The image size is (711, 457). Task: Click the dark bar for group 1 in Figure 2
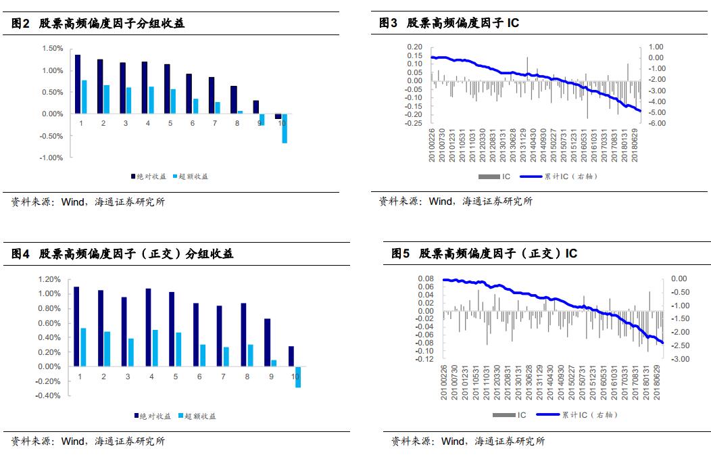click(x=78, y=84)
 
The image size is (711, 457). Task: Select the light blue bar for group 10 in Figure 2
click(x=285, y=128)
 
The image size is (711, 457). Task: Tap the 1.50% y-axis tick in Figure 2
click(x=52, y=49)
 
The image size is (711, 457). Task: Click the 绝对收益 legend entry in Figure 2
click(x=148, y=176)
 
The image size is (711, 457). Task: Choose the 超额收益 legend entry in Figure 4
click(x=198, y=416)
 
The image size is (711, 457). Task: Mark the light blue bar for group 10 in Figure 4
click(x=298, y=377)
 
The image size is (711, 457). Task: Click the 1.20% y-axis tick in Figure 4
click(x=50, y=279)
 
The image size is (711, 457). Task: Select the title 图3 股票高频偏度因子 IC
click(x=449, y=23)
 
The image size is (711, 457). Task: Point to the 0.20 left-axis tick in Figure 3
click(x=414, y=47)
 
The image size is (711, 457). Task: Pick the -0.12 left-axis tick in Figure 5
click(x=424, y=359)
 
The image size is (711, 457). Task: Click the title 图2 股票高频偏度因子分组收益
click(x=98, y=23)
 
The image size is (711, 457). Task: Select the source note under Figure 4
click(x=88, y=441)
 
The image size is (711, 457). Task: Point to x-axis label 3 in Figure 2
click(x=126, y=124)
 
